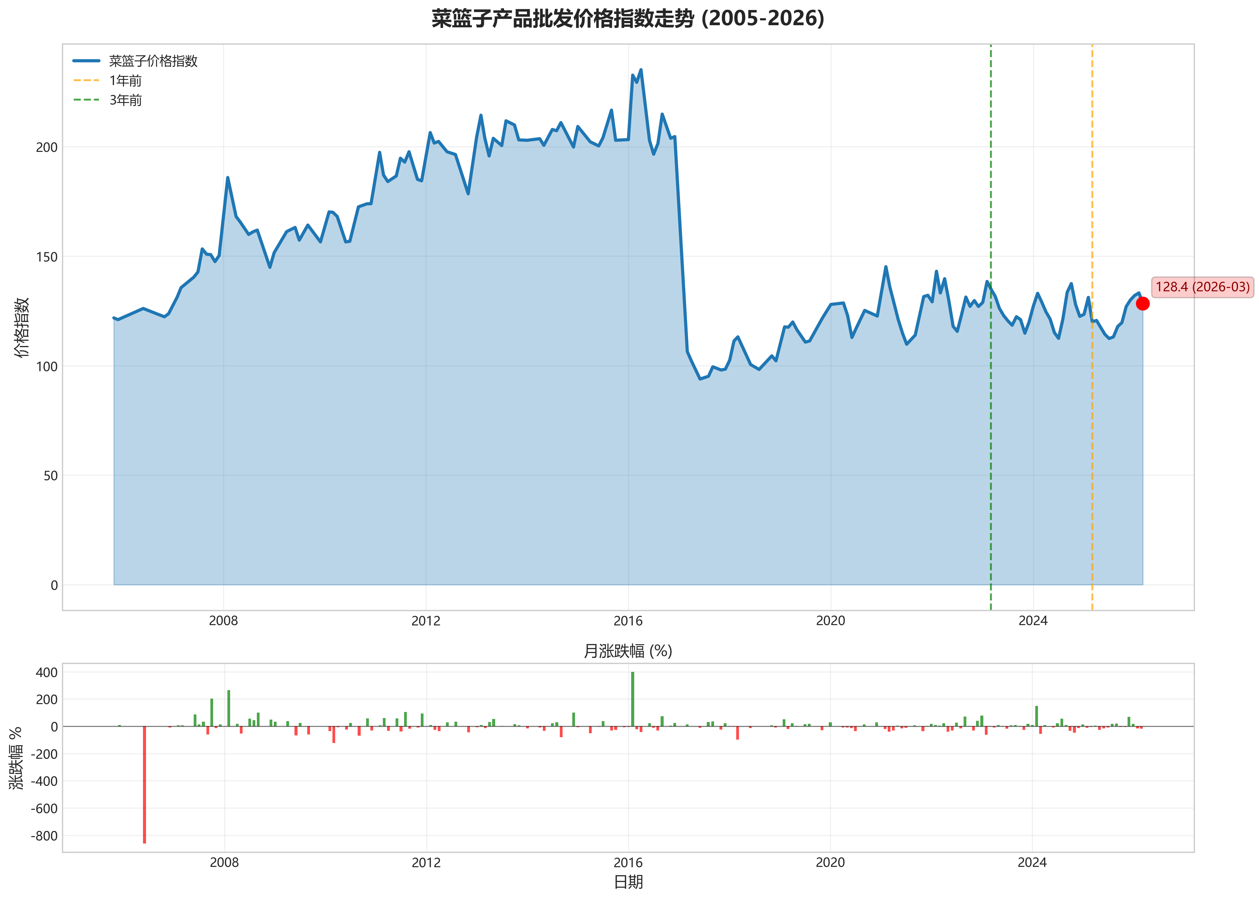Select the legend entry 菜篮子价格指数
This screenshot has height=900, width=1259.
pyautogui.click(x=153, y=61)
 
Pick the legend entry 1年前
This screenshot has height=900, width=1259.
pyautogui.click(x=125, y=81)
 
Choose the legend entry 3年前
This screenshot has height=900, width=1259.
pyautogui.click(x=125, y=100)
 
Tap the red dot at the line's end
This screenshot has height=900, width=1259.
pyautogui.click(x=1142, y=304)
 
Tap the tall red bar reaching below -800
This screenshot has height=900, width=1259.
pyautogui.click(x=145, y=784)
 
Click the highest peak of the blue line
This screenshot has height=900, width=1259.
pyautogui.click(x=641, y=70)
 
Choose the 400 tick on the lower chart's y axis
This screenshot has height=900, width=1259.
pyautogui.click(x=46, y=673)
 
